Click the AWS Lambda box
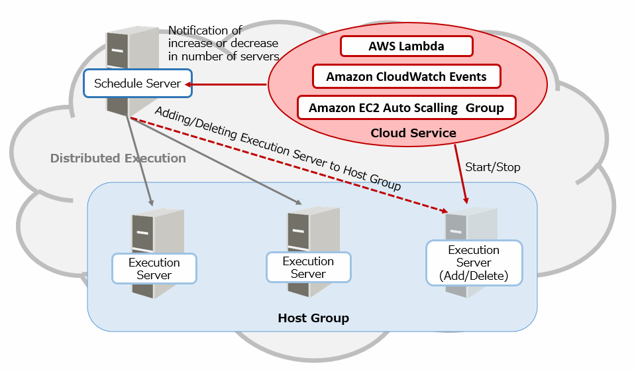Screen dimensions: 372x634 406,46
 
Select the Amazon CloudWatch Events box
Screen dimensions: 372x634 406,77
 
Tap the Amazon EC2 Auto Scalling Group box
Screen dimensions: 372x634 406,107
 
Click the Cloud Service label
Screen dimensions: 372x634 413,133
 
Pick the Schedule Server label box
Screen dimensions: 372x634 137,84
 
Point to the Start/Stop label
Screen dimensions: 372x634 493,167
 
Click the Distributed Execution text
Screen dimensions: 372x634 118,158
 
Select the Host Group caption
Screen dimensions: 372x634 313,318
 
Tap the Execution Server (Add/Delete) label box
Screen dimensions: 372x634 473,263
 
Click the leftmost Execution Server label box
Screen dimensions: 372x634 154,269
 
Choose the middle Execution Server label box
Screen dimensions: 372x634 308,268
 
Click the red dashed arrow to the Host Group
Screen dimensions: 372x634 291,165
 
